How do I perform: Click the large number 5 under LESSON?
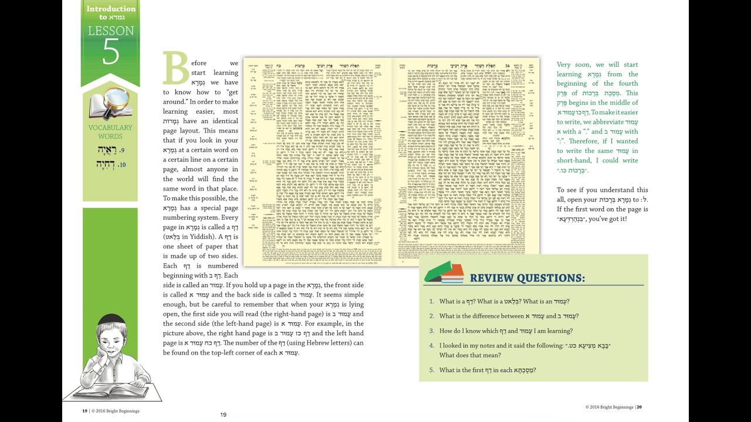(x=110, y=52)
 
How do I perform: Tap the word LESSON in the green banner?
(x=110, y=30)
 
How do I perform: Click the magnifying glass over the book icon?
(x=117, y=100)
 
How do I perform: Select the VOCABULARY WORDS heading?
(x=110, y=132)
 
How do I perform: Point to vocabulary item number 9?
(x=110, y=151)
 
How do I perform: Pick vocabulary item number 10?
(x=110, y=164)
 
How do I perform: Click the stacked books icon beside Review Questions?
(x=444, y=273)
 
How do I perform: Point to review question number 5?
(x=487, y=370)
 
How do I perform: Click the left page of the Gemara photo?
(x=317, y=161)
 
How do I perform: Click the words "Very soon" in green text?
(x=573, y=64)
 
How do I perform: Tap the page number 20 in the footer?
(x=639, y=407)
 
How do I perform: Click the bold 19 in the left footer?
(x=85, y=411)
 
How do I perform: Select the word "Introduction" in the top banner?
(x=110, y=9)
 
